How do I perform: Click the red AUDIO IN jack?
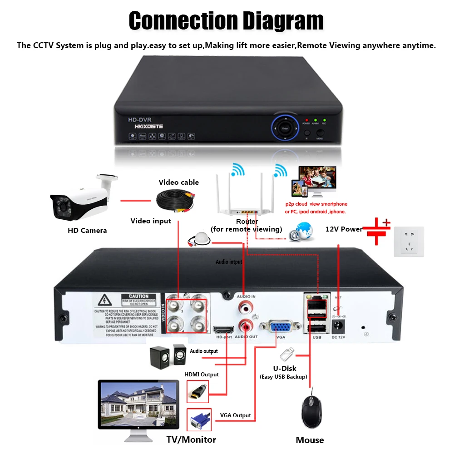[245, 307]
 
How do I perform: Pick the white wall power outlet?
[409, 242]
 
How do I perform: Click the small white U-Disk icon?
[286, 353]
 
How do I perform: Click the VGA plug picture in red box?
[198, 420]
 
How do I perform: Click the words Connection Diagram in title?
[226, 21]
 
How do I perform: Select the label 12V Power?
[344, 229]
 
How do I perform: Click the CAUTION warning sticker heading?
[138, 296]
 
